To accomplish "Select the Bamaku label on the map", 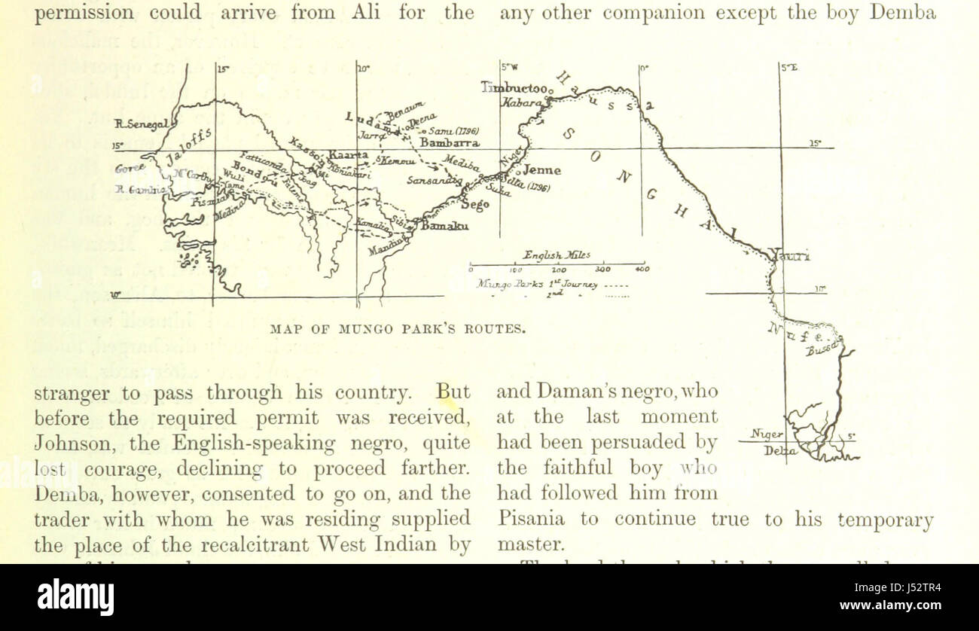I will [x=444, y=226].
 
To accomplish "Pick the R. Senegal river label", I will [x=140, y=124].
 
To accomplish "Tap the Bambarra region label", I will [x=450, y=142].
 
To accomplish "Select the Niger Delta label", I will [x=768, y=443].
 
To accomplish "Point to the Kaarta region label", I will [x=347, y=156].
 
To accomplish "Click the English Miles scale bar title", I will [x=557, y=255].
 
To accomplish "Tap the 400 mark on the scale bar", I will [x=642, y=269].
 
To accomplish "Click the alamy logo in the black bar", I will [x=75, y=596].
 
